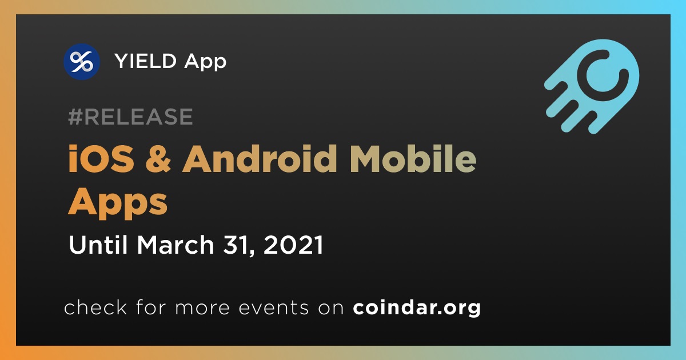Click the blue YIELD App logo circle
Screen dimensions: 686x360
click(82, 62)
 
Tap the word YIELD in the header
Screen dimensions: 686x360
click(145, 61)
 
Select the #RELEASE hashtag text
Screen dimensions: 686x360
click(130, 117)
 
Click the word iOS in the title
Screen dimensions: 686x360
click(101, 159)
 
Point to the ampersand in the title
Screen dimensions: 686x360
click(158, 159)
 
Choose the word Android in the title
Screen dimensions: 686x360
click(260, 159)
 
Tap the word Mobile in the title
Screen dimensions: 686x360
click(413, 159)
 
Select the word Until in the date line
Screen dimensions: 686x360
click(98, 245)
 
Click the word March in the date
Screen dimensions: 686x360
click(176, 245)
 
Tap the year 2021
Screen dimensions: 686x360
click(293, 245)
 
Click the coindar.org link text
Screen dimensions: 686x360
click(417, 307)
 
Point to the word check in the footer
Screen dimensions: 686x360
click(95, 307)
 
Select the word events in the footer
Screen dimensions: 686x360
click(274, 307)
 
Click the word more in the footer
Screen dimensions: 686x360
click(202, 308)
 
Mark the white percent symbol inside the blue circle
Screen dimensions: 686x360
click(81, 62)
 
